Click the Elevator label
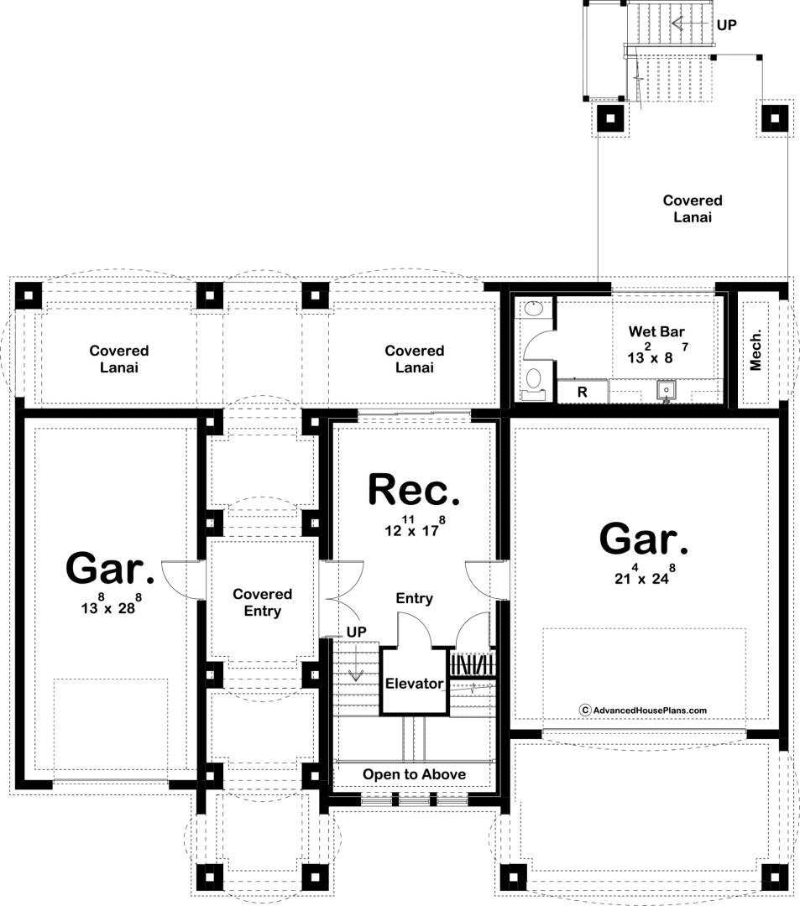[x=414, y=684]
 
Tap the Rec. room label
[x=414, y=490]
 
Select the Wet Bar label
[x=656, y=331]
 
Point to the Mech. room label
[x=756, y=350]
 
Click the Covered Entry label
[x=263, y=602]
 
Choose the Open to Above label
[x=414, y=774]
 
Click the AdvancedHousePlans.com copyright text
[x=643, y=711]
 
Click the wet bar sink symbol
[x=666, y=391]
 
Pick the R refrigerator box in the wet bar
[x=583, y=392]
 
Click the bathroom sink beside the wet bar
[x=534, y=310]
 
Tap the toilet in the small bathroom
[x=533, y=383]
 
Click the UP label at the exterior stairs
[x=727, y=25]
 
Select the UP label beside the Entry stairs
[x=356, y=633]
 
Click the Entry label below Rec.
[x=414, y=599]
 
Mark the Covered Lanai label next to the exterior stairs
[x=693, y=209]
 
